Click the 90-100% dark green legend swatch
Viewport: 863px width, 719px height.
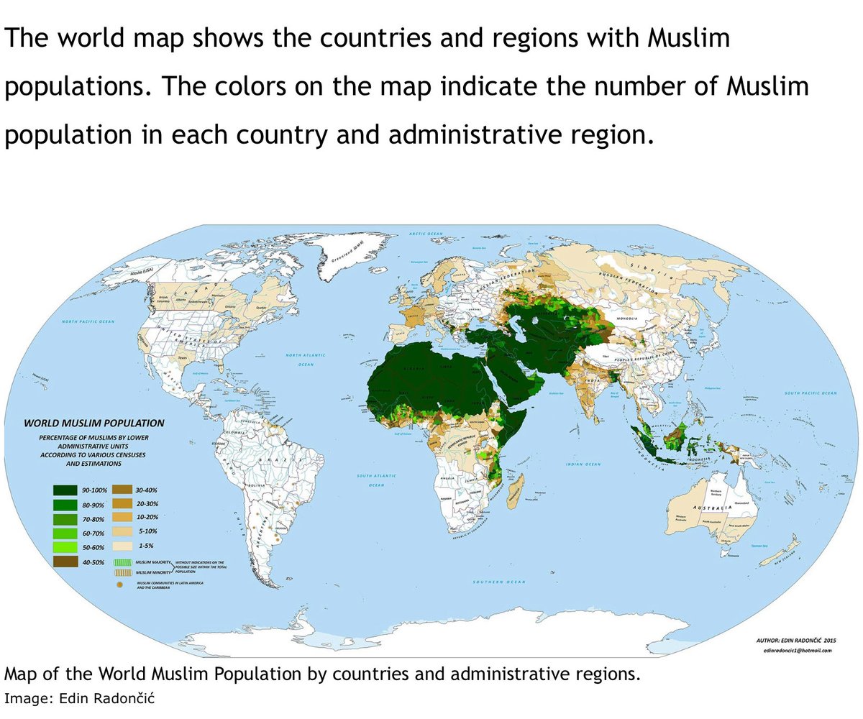tap(65, 490)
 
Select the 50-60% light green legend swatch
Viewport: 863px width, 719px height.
tap(65, 547)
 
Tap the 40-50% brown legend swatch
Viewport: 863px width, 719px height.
tap(65, 562)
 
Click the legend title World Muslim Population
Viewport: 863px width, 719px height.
tap(96, 423)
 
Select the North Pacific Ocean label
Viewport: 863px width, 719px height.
tap(88, 321)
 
